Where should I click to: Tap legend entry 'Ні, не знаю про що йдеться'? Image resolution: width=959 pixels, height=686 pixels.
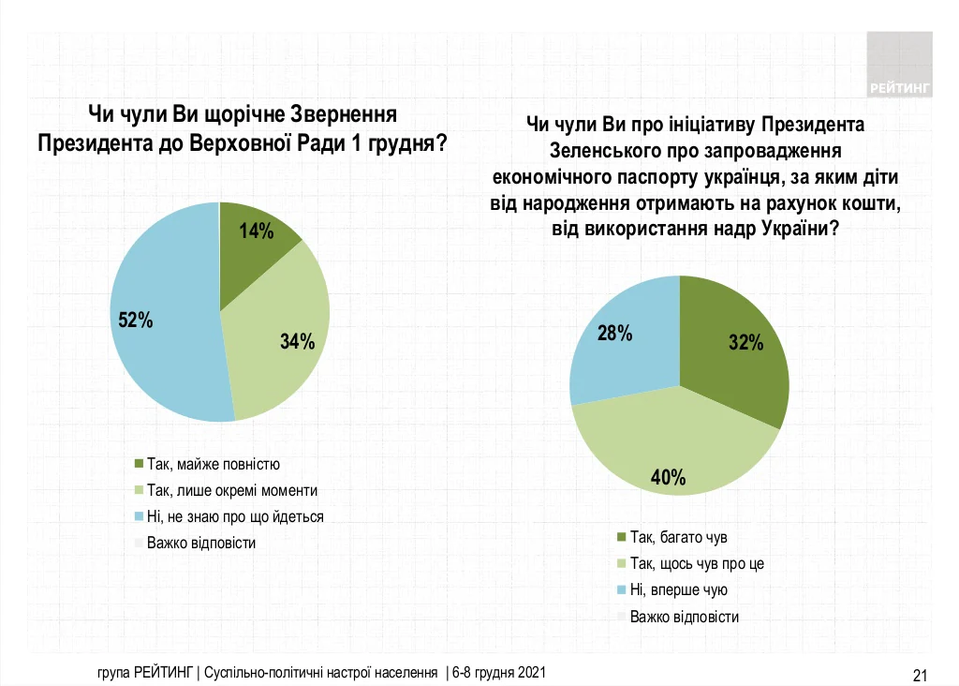pyautogui.click(x=234, y=516)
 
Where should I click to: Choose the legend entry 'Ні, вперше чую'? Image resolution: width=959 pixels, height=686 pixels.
pyautogui.click(x=678, y=590)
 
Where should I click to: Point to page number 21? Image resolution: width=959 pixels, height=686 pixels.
pyautogui.click(x=919, y=675)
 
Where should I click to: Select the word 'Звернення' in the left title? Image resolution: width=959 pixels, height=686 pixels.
pyautogui.click(x=331, y=114)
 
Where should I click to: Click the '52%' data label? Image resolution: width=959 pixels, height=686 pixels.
pyautogui.click(x=136, y=321)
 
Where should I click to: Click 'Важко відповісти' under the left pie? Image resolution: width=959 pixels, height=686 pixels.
pyautogui.click(x=201, y=543)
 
